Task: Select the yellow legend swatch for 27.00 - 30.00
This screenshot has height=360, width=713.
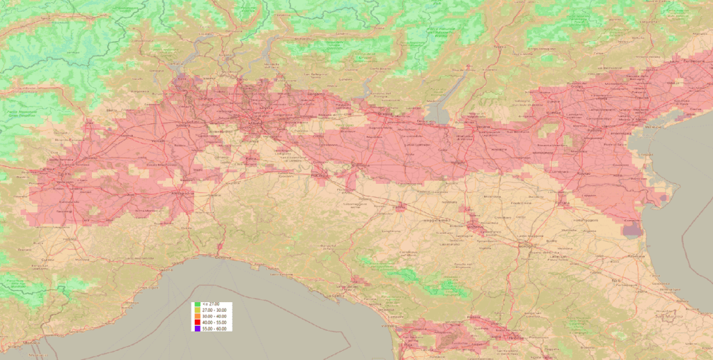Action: pos(198,311)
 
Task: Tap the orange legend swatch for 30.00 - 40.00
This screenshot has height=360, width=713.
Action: pos(198,316)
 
